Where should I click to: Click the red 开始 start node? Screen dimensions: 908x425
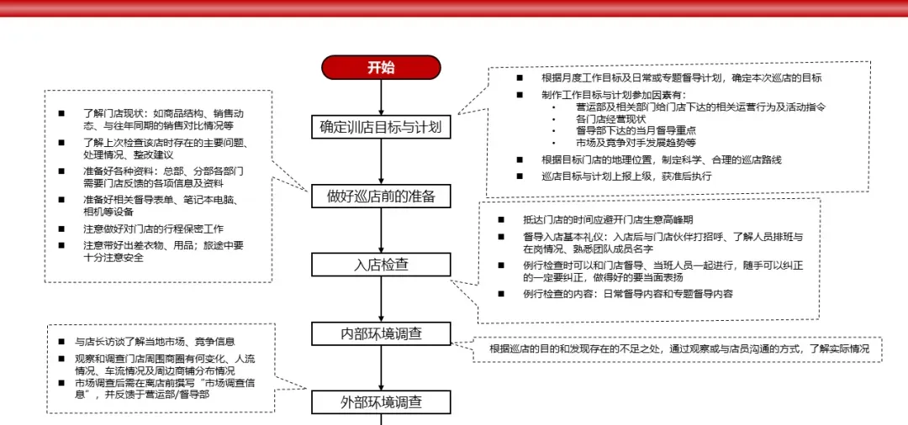[x=381, y=68]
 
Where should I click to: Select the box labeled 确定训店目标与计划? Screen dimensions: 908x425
[x=381, y=128]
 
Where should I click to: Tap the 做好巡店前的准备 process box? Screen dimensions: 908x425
[x=381, y=197]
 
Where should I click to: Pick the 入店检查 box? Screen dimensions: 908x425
[x=381, y=265]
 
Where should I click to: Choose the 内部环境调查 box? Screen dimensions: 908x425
[x=381, y=333]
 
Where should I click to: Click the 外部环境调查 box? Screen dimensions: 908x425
[x=381, y=402]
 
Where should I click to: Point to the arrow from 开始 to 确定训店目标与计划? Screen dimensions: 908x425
[x=381, y=97]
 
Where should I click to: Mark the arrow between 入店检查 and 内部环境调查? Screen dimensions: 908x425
[x=381, y=299]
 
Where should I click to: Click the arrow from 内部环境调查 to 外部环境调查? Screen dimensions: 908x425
[x=381, y=368]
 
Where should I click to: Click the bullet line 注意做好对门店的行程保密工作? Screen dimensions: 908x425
[x=152, y=228]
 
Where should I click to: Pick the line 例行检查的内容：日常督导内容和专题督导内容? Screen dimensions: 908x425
[x=627, y=295]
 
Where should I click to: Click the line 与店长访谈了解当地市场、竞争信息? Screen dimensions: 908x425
[x=155, y=342]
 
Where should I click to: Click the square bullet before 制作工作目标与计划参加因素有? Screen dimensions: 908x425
[x=519, y=95]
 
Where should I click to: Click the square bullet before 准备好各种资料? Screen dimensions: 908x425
[x=61, y=171]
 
